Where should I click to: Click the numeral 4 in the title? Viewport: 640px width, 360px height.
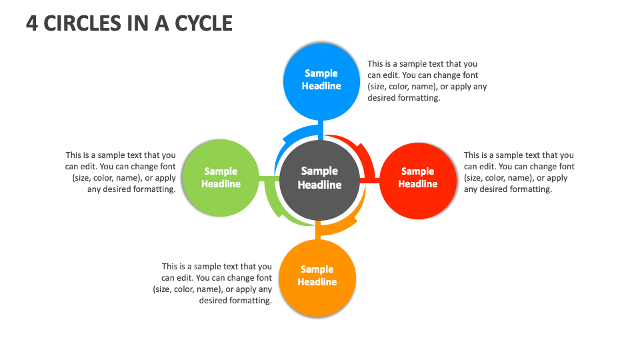click(x=31, y=23)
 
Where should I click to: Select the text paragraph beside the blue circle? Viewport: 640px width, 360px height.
click(x=427, y=81)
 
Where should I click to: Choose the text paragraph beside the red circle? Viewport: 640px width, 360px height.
click(x=519, y=172)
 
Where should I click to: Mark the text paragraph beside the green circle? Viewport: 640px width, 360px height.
click(x=121, y=172)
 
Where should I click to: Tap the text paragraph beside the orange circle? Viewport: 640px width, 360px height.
click(x=213, y=283)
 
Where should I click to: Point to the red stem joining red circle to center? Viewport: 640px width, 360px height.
click(x=369, y=180)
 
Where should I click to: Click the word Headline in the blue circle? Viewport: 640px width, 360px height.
click(x=321, y=86)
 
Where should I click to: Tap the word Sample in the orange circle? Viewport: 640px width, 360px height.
click(x=317, y=269)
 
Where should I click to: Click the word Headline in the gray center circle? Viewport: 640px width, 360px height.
click(x=319, y=185)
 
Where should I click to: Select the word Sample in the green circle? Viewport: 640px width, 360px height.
click(x=221, y=171)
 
